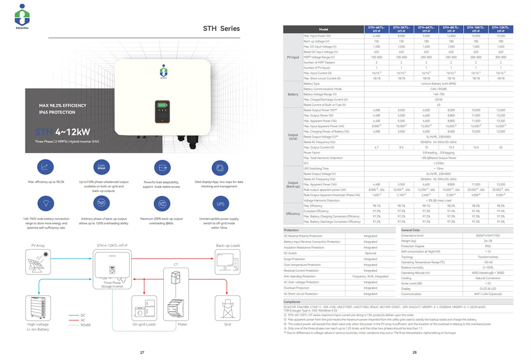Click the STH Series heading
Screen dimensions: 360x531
point(221,29)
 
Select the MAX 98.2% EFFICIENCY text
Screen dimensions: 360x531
point(59,106)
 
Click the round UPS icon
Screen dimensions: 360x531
point(221,203)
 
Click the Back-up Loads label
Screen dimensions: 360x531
point(228,246)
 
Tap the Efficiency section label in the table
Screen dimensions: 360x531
point(293,213)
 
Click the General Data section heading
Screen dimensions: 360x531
point(412,230)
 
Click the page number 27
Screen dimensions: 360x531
point(142,352)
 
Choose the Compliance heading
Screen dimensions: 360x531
point(293,302)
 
